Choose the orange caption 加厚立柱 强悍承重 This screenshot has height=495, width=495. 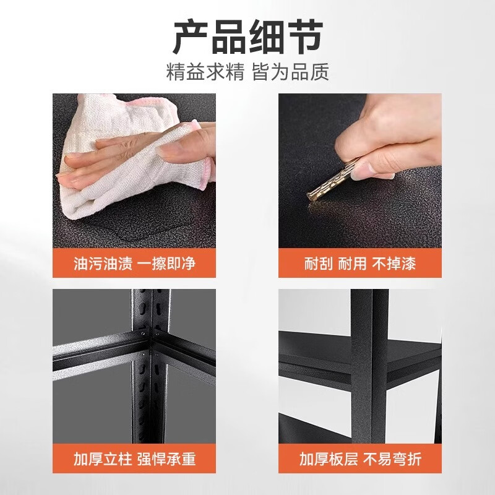click(134, 459)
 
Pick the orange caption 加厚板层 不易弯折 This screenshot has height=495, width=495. click(360, 459)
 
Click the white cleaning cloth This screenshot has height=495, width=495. click(105, 186)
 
